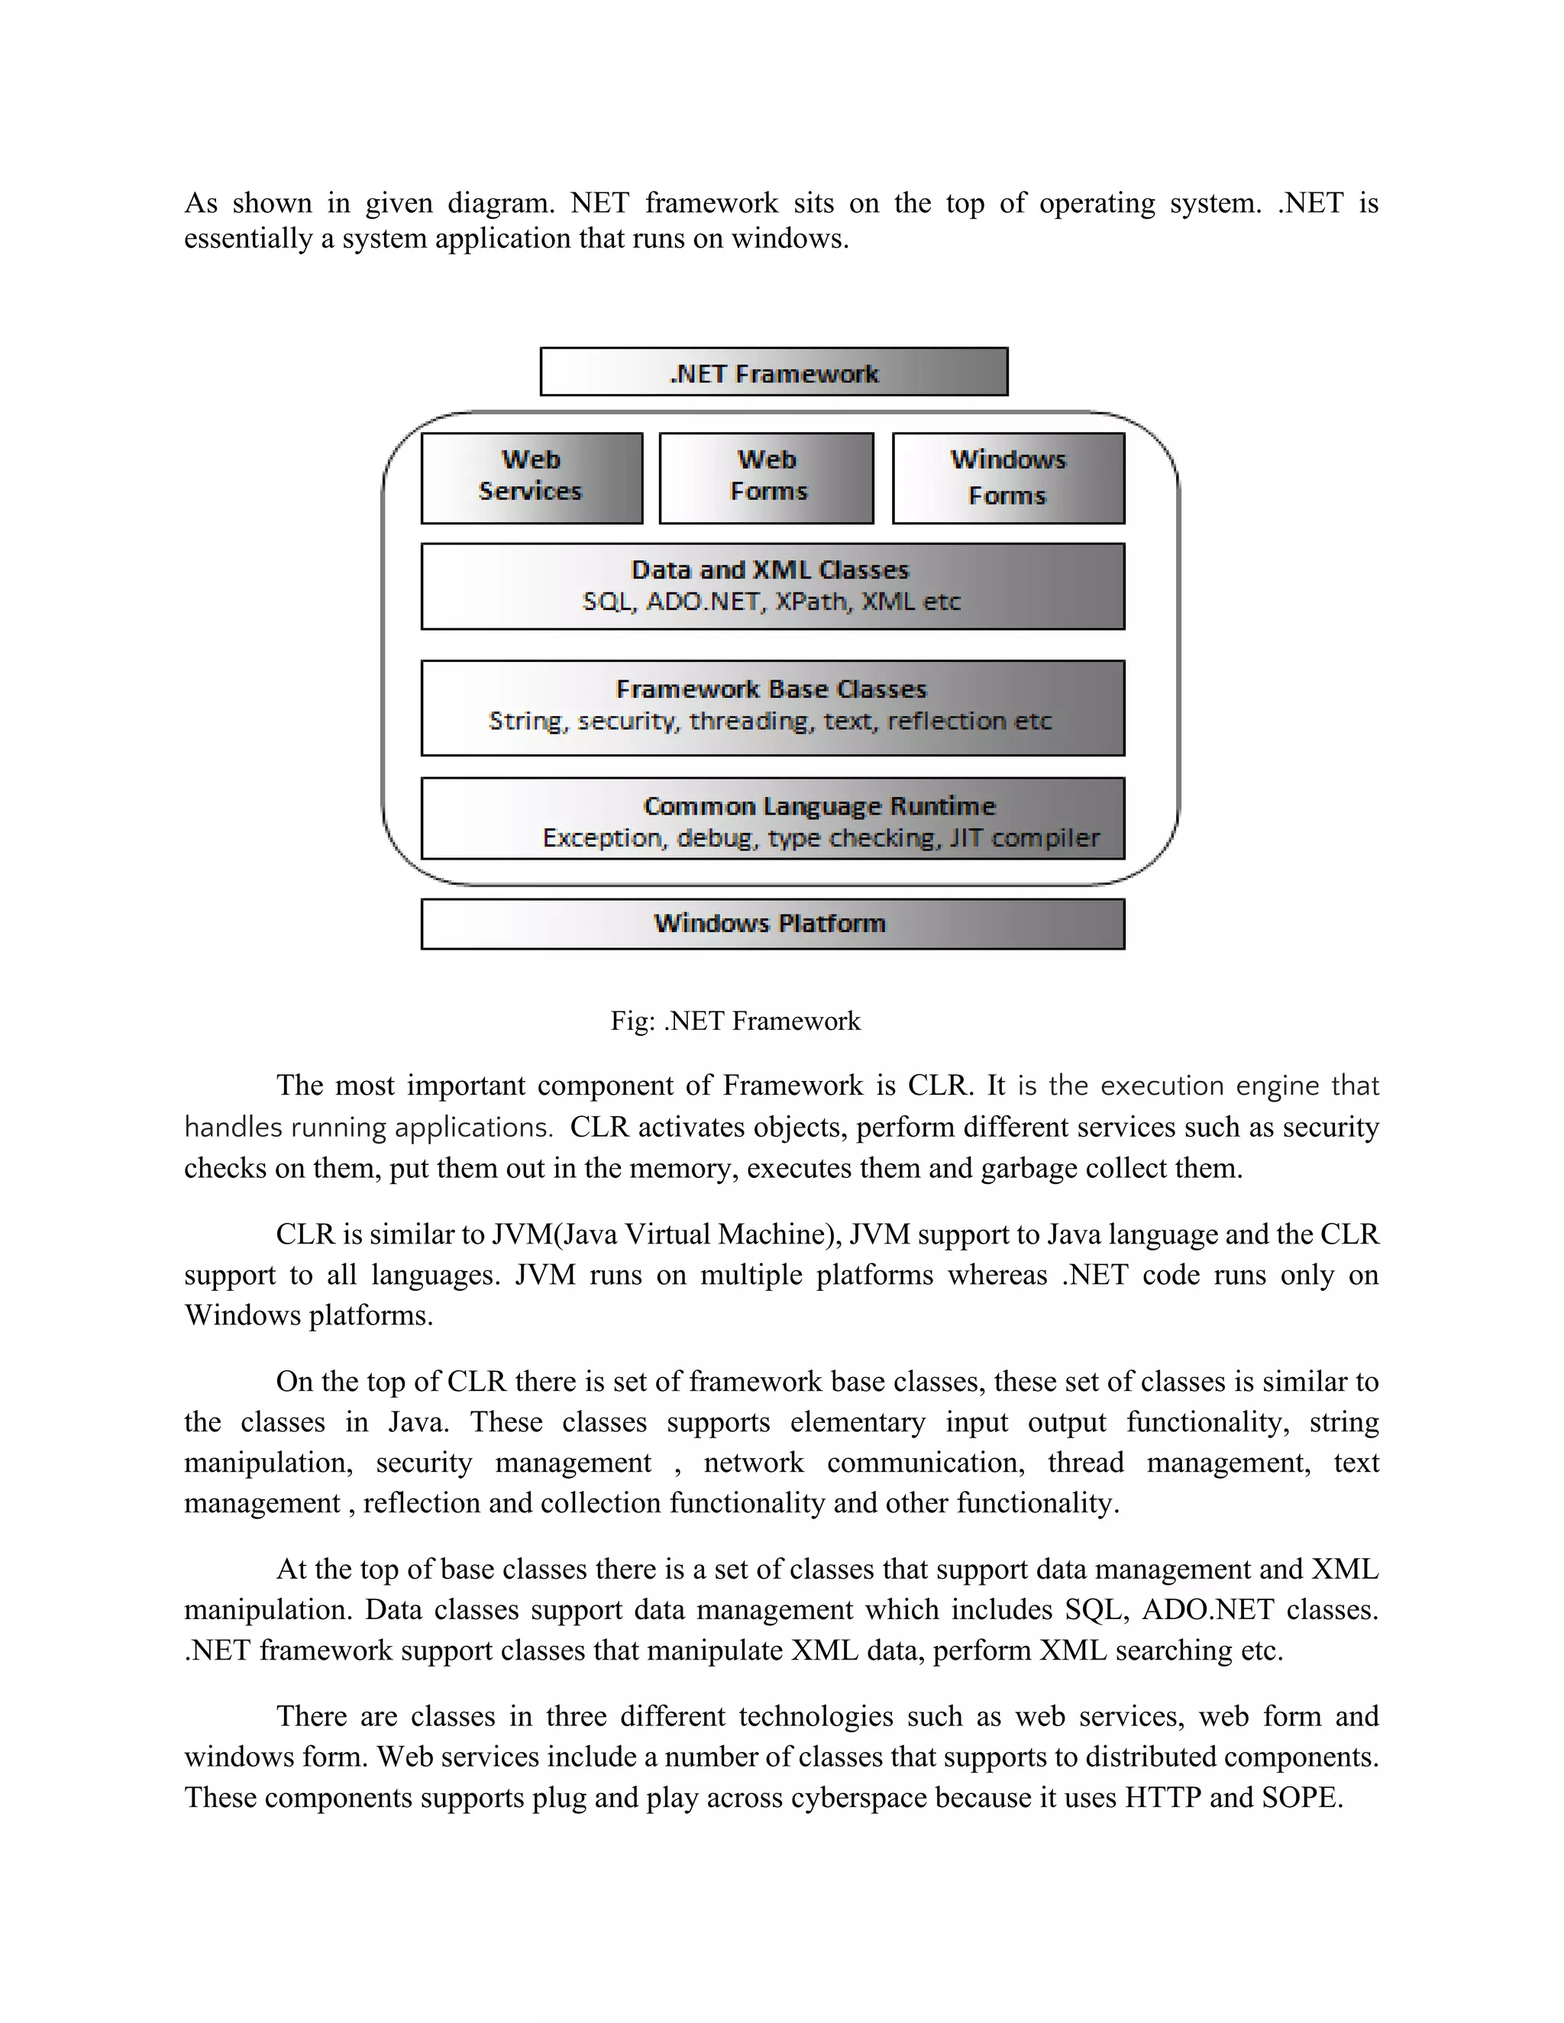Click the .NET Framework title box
click(x=774, y=373)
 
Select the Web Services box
click(x=531, y=478)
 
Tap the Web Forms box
click(x=766, y=478)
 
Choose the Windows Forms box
click(x=1008, y=478)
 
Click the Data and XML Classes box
click(x=773, y=586)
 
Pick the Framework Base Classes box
click(x=773, y=708)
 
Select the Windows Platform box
click(x=773, y=924)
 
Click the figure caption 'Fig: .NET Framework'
click(x=735, y=1021)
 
